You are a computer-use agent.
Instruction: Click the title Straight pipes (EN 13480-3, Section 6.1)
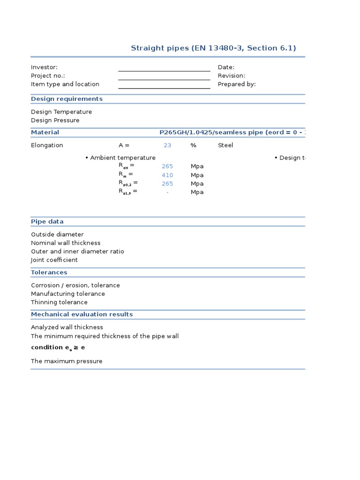213,48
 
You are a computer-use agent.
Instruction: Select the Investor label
44,67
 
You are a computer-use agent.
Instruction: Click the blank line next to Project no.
164,76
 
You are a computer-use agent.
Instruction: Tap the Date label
226,67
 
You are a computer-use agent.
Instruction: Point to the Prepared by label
237,84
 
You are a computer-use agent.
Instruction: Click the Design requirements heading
67,99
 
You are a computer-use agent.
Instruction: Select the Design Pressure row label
55,120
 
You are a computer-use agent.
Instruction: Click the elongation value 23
167,145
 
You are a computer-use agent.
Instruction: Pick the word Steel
225,145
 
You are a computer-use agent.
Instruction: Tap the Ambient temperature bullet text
122,158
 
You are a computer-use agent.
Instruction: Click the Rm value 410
167,175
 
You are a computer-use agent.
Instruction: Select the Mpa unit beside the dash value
197,192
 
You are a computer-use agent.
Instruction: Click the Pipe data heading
47,222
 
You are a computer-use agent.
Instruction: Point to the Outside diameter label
57,234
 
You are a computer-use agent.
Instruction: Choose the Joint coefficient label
54,260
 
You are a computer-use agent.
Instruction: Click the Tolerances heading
49,272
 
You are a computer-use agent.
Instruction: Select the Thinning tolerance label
59,302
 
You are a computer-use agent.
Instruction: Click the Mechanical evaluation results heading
82,315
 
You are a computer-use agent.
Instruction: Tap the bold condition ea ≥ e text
58,348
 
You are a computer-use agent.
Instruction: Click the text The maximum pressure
67,361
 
